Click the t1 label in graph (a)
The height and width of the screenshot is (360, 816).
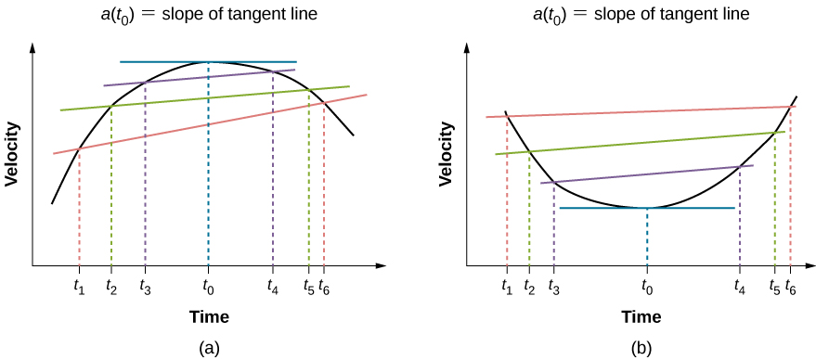coord(79,287)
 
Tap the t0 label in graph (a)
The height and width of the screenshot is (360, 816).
coord(208,287)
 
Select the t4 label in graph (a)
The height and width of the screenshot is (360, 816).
coord(272,287)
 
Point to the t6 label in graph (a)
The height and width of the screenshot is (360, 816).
coord(324,287)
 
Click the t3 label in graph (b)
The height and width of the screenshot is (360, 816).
coord(553,287)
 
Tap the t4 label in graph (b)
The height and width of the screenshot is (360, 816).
coord(739,287)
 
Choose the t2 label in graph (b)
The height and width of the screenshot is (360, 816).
coord(529,287)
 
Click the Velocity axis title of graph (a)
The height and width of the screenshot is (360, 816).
coord(13,153)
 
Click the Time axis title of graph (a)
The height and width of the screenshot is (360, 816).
coord(209,317)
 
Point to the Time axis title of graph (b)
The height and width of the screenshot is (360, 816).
coord(641,317)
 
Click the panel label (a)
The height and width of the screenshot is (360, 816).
coord(209,348)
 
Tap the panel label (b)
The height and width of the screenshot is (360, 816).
coord(641,348)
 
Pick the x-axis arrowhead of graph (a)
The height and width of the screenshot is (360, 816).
coord(381,266)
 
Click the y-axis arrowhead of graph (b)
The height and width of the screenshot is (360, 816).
coord(468,45)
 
